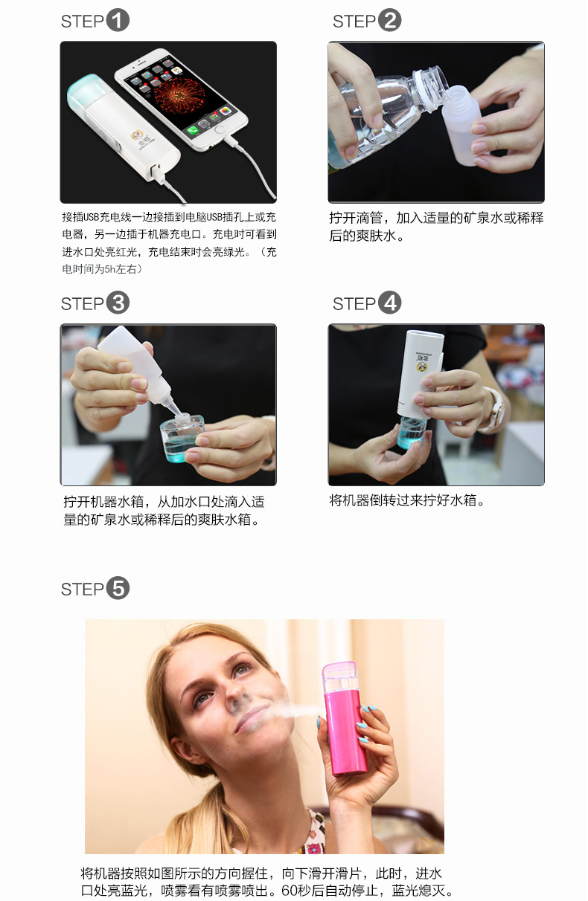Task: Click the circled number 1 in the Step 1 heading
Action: (x=118, y=20)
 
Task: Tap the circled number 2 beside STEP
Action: (x=389, y=20)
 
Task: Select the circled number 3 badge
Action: (x=118, y=303)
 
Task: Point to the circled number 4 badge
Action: (x=389, y=303)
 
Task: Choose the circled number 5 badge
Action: (x=118, y=588)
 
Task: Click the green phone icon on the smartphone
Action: (x=193, y=129)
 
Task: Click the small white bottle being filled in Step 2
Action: (x=463, y=125)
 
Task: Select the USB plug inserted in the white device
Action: (x=158, y=173)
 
